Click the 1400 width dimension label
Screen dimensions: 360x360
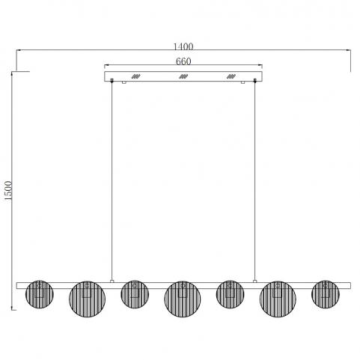pos(183,46)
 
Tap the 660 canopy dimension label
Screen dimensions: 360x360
pos(183,61)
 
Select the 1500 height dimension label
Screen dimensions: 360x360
pos(8,190)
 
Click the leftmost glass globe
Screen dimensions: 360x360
pos(40,294)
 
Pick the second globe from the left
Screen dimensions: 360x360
pos(87,299)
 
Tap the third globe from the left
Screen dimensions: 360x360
pos(135,294)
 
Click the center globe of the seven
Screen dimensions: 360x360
pos(183,299)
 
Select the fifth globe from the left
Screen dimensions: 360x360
pos(230,294)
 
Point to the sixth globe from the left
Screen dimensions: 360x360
pos(278,299)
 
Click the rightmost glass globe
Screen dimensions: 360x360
pos(326,294)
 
